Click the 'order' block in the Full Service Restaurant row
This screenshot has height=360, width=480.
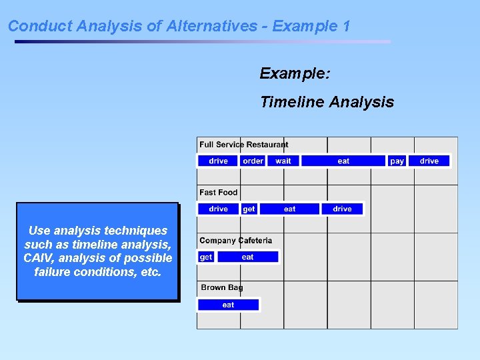pos(253,161)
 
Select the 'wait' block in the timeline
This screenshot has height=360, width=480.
pos(283,161)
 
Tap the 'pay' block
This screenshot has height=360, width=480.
pos(397,161)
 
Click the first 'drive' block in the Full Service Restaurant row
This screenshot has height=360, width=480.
pos(218,161)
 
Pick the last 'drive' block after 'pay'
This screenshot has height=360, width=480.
pos(429,161)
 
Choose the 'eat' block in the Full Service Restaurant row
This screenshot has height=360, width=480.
pos(343,161)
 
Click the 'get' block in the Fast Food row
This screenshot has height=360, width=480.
pos(249,209)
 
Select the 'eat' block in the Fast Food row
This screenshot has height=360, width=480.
pos(289,209)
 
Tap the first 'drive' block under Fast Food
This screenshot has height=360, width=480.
pos(218,209)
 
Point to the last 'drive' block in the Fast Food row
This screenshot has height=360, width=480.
pos(342,209)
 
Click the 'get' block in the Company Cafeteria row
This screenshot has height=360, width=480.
pos(206,257)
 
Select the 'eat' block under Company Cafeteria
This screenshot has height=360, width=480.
pos(247,257)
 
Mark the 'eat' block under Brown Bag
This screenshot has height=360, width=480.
pos(228,305)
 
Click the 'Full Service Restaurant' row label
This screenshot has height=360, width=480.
pos(244,145)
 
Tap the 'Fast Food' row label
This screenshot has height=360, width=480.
pos(218,193)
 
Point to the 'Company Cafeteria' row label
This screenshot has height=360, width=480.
pos(235,241)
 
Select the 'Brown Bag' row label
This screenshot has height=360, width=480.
pos(222,287)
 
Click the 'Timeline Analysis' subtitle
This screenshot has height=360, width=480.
pos(327,102)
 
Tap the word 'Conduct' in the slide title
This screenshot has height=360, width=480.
pos(40,26)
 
